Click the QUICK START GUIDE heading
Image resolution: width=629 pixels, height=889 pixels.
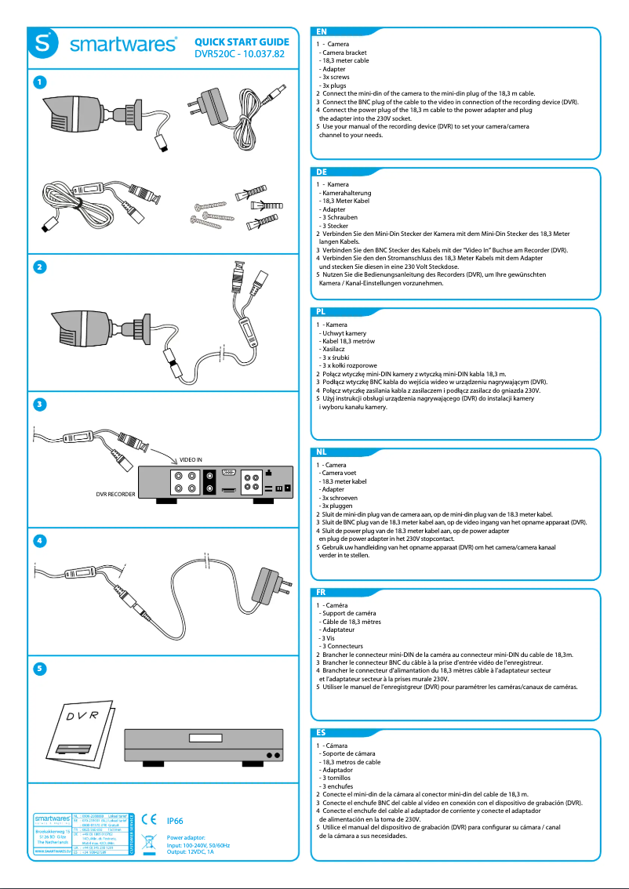(x=242, y=42)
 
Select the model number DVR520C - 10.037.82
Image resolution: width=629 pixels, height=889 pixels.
(x=239, y=55)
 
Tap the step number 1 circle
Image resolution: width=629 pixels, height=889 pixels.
(x=40, y=82)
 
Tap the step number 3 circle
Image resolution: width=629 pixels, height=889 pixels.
(x=40, y=404)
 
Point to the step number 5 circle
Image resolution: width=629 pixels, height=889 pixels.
(x=40, y=669)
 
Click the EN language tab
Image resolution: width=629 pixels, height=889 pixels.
(x=322, y=31)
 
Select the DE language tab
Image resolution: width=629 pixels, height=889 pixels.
(x=322, y=171)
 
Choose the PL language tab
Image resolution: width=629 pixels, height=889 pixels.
(x=322, y=311)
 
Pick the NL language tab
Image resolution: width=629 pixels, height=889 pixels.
(x=322, y=452)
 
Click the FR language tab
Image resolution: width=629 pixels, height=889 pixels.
(x=322, y=592)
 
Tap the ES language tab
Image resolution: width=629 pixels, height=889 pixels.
(x=322, y=731)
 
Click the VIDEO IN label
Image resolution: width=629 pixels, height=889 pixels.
(x=191, y=459)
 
